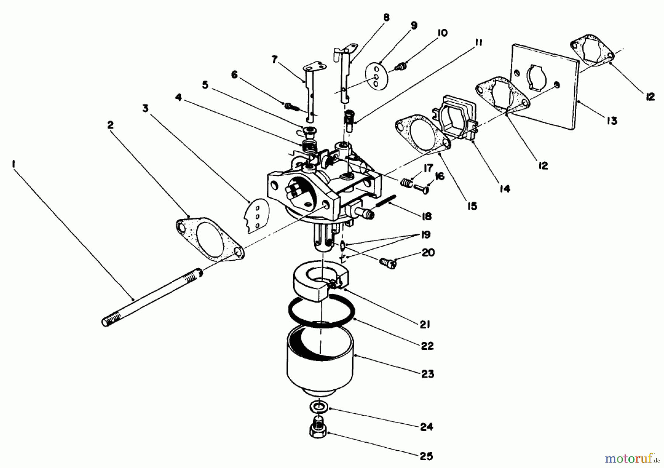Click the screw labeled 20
click(x=387, y=263)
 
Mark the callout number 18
click(x=426, y=216)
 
